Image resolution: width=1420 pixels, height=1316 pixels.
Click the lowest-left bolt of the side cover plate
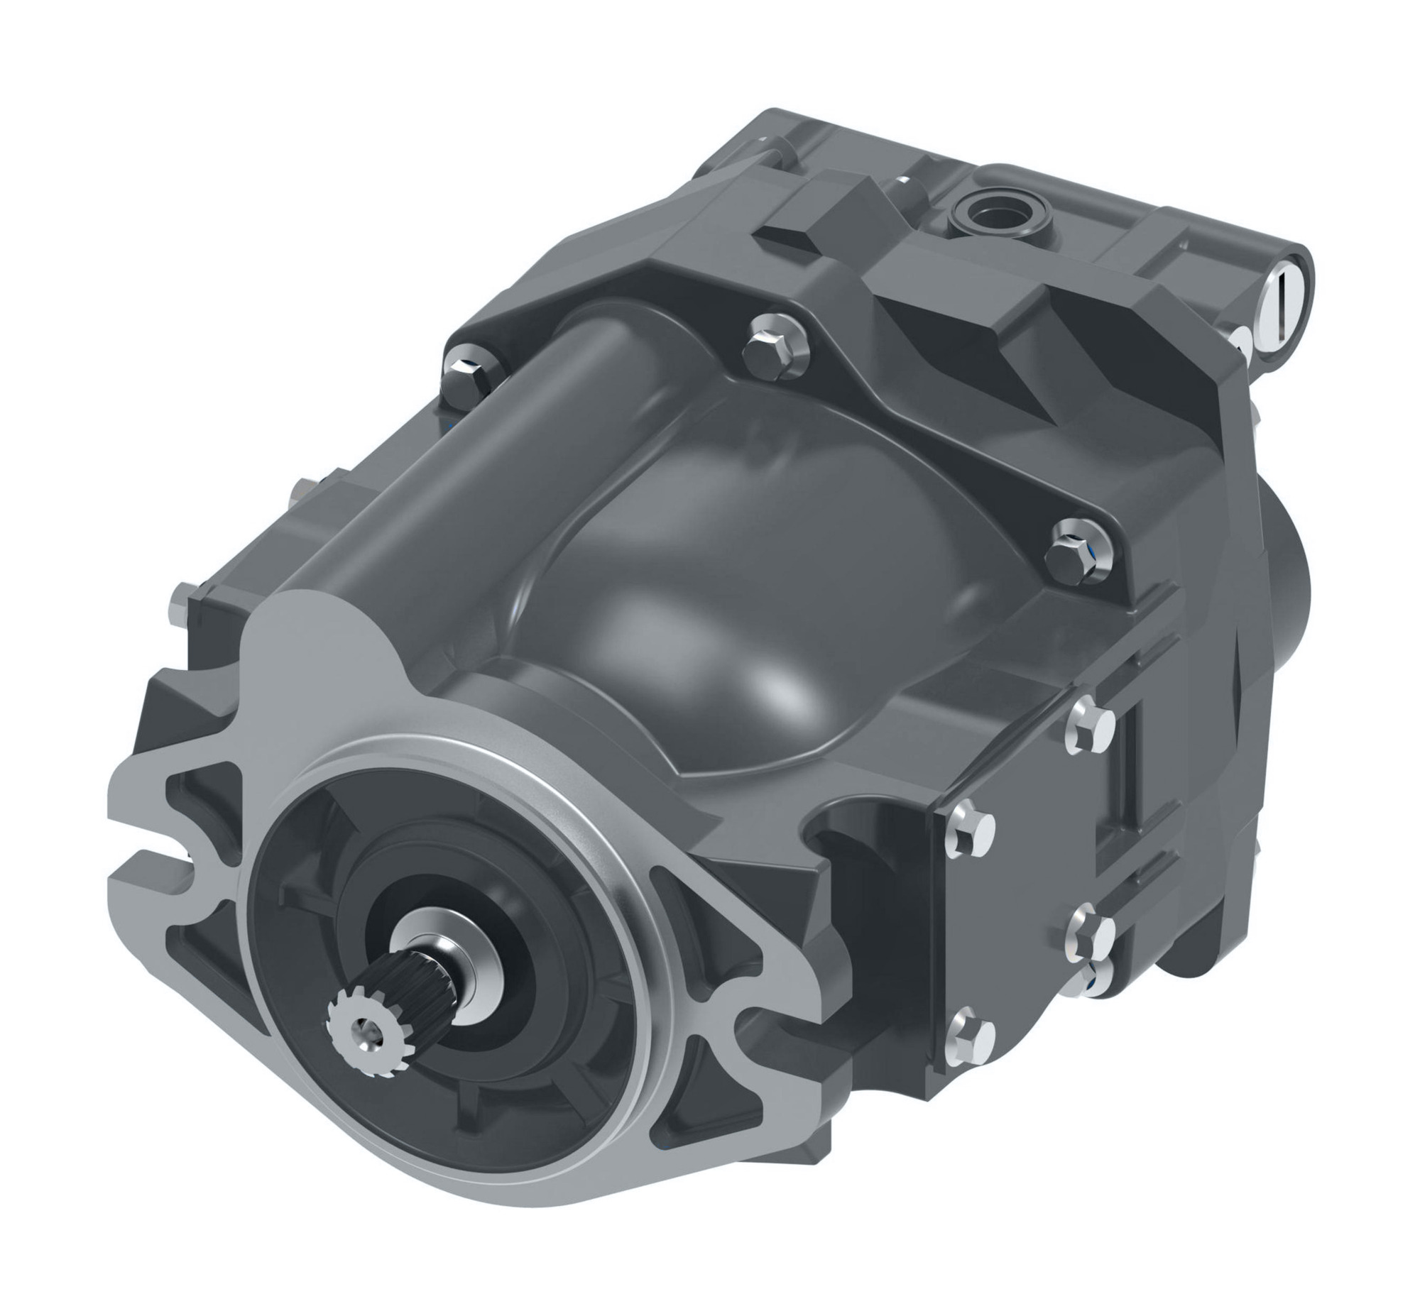coord(971,1033)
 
